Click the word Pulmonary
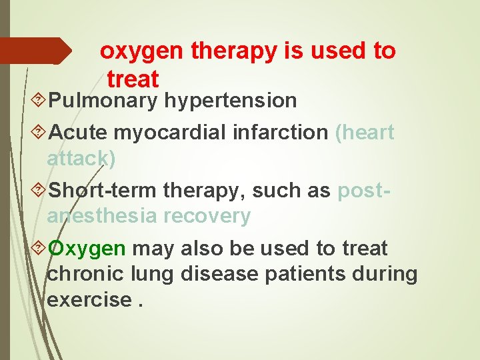(103, 101)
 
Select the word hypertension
(231, 101)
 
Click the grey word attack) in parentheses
(81, 158)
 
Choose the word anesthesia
(103, 216)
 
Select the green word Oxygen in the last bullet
(87, 249)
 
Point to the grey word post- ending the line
(364, 191)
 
